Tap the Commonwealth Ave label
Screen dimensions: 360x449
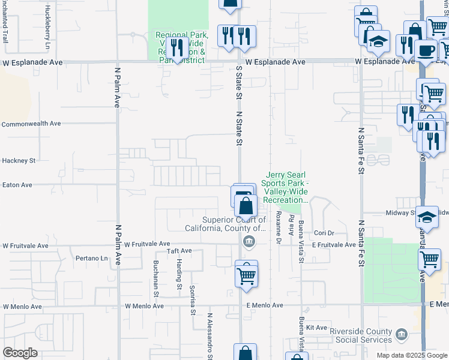[31, 124]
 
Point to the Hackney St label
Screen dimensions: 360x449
[19, 161]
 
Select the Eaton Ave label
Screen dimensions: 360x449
[17, 185]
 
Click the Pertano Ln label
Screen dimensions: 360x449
[91, 259]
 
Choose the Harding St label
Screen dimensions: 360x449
[179, 274]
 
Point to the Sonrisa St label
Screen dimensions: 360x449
[193, 299]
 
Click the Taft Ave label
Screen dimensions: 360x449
[179, 251]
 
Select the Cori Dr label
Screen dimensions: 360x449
[323, 233]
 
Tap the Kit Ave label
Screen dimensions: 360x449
[316, 328]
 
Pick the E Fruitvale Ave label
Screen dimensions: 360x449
[333, 245]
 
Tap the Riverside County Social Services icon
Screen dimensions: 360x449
[402, 333]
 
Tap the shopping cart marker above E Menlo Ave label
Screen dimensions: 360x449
[246, 276]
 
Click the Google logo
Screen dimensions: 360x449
[20, 353]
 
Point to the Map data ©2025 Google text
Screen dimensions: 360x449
[411, 355]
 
